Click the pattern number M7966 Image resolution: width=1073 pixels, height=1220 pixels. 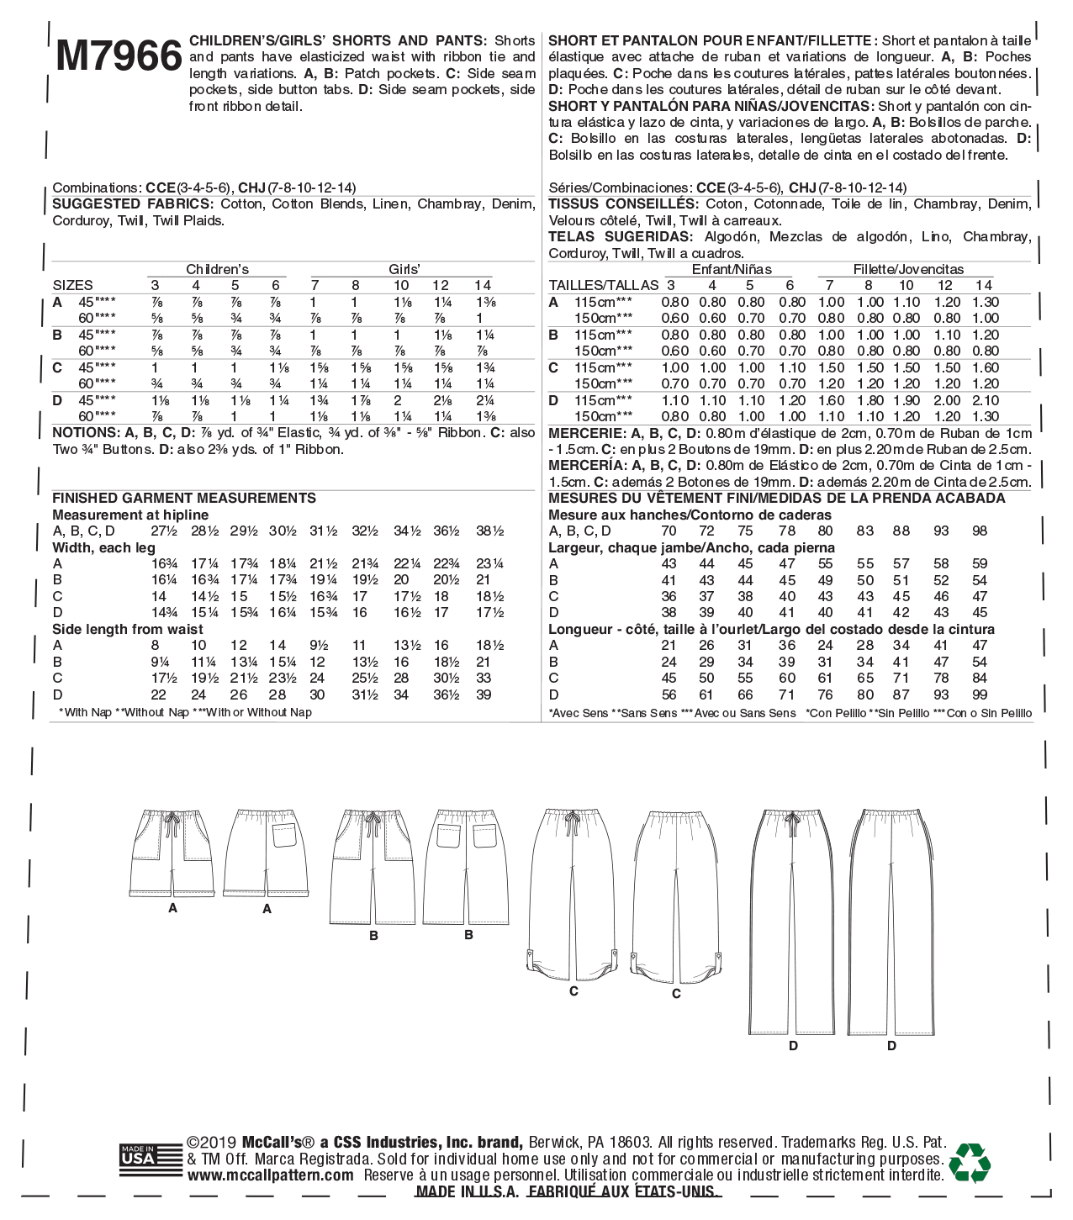pos(119,55)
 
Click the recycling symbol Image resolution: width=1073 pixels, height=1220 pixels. pos(969,1162)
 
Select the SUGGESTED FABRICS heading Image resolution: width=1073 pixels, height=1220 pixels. pos(132,204)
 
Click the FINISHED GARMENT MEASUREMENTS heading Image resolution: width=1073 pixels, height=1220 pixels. pos(184,498)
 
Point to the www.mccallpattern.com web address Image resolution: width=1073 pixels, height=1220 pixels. pos(270,1175)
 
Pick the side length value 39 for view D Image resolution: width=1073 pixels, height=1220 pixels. pos(484,695)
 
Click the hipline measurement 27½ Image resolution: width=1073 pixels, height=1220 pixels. pos(164,531)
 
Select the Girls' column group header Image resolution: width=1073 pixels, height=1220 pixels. pos(404,269)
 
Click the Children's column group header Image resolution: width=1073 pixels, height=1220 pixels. pos(217,269)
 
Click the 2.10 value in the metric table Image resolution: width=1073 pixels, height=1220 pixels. pos(986,400)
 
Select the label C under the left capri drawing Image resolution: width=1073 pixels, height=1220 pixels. pos(573,991)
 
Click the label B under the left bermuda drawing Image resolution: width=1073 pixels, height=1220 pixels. pos(373,935)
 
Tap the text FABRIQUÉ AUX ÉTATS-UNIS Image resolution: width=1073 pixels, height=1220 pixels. pos(623,1191)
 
